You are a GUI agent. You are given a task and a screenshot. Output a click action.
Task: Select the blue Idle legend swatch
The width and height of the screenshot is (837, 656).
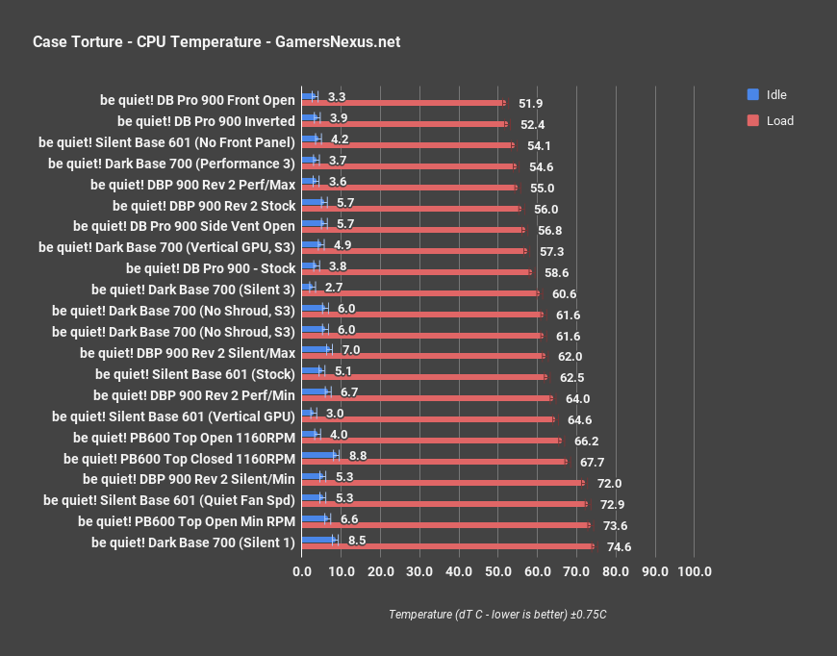pos(753,94)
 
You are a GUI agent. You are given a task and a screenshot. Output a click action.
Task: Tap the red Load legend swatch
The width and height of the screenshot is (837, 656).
pos(753,120)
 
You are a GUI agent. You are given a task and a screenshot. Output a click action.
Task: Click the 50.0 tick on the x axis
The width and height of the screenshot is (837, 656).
pos(497,571)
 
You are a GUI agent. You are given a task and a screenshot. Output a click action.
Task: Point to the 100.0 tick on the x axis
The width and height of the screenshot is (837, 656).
pos(694,571)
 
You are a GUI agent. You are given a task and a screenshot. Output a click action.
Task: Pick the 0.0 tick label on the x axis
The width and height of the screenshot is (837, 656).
pos(302,571)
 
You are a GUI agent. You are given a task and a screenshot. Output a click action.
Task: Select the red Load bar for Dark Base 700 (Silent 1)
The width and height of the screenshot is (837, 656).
pos(447,546)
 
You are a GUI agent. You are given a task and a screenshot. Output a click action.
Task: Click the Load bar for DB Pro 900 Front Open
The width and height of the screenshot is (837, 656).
pos(403,103)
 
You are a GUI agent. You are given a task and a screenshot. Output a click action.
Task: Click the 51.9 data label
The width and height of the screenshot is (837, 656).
pos(530,103)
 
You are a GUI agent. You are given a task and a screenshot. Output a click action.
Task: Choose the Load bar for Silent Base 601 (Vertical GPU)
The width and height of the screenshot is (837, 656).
pos(428,419)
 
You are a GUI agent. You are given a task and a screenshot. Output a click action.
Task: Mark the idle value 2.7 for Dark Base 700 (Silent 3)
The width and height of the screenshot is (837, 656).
pos(335,287)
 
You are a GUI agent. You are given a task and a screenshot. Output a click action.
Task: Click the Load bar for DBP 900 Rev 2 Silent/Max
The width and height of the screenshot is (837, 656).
pos(422,356)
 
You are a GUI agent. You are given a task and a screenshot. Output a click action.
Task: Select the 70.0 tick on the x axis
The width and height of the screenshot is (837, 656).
pos(576,571)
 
